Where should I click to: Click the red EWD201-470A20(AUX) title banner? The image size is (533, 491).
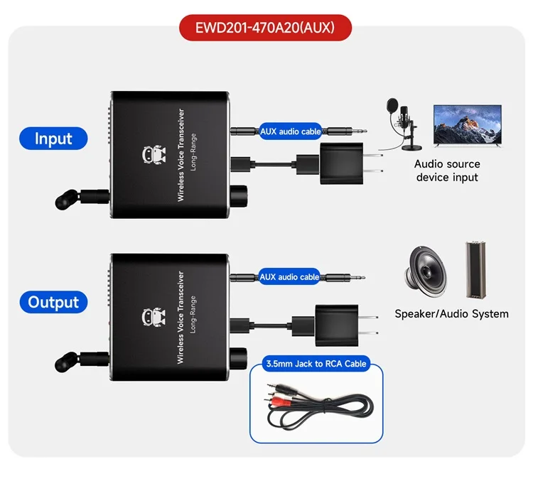[265, 28]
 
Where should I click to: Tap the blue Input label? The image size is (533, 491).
[53, 139]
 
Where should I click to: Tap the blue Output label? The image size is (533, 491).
[53, 302]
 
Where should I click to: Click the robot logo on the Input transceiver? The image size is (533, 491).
[154, 155]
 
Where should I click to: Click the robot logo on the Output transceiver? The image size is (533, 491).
[154, 317]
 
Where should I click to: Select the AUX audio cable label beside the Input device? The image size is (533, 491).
[290, 131]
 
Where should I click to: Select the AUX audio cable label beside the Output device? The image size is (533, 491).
[289, 277]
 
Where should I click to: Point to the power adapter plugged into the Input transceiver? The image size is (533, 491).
[340, 163]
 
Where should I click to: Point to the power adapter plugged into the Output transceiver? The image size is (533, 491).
[336, 326]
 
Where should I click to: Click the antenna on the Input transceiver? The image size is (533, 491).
[82, 198]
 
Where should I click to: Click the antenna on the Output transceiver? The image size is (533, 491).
[82, 361]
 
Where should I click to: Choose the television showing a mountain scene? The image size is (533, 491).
[468, 126]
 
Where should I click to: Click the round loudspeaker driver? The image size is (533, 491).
[425, 272]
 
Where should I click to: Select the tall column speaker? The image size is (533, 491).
[476, 270]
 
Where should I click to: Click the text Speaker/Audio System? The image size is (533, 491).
[451, 314]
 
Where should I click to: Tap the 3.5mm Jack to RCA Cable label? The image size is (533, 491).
[316, 364]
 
